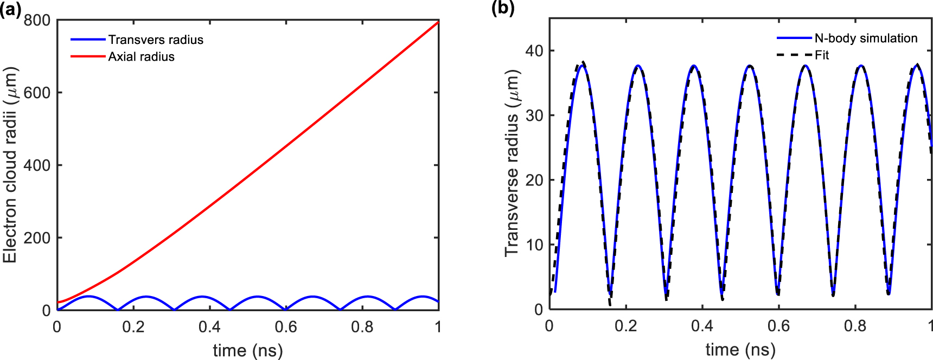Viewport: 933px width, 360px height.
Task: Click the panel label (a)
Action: (10, 9)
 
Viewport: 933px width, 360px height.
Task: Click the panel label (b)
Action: (503, 9)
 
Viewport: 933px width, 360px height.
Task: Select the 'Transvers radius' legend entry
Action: (155, 40)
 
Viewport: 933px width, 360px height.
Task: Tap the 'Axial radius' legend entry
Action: (141, 56)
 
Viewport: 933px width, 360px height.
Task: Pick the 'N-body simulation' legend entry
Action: (866, 38)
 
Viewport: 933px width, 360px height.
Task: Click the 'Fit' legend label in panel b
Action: (822, 55)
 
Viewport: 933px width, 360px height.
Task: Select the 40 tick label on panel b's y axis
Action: (534, 51)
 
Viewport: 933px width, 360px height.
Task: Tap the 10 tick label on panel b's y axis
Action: (534, 245)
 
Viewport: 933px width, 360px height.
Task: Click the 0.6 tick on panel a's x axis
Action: (286, 327)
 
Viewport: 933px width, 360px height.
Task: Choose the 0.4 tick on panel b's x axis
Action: (702, 326)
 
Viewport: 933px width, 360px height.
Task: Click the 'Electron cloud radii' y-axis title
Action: (10, 165)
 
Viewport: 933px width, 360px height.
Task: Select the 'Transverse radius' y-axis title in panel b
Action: (512, 163)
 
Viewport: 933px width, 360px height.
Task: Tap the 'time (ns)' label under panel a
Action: (247, 350)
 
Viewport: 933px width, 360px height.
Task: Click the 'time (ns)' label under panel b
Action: (740, 349)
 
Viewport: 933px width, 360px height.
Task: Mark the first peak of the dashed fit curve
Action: (583, 62)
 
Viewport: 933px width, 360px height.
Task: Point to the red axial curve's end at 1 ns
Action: (438, 21)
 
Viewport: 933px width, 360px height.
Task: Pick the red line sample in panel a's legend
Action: (88, 56)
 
